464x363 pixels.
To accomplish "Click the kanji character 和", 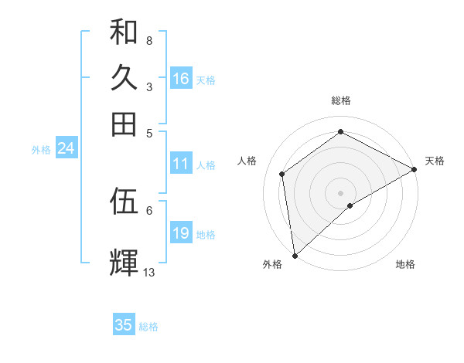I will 124,32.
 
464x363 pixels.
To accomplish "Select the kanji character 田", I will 124,123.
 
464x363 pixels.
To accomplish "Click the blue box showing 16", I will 181,79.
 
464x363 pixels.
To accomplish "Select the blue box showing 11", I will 181,164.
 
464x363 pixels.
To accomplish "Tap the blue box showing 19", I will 181,233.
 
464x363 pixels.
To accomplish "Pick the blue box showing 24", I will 66,149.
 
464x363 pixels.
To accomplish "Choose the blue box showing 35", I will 124,325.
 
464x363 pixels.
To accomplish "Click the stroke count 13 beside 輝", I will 149,272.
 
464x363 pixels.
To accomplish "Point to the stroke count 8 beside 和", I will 149,40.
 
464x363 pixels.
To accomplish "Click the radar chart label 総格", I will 341,100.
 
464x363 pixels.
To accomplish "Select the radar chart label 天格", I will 435,161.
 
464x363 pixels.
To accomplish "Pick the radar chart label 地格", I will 405,264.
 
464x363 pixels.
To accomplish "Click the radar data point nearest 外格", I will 295,256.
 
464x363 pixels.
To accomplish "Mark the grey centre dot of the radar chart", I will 341,192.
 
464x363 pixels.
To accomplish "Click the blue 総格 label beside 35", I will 148,327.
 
